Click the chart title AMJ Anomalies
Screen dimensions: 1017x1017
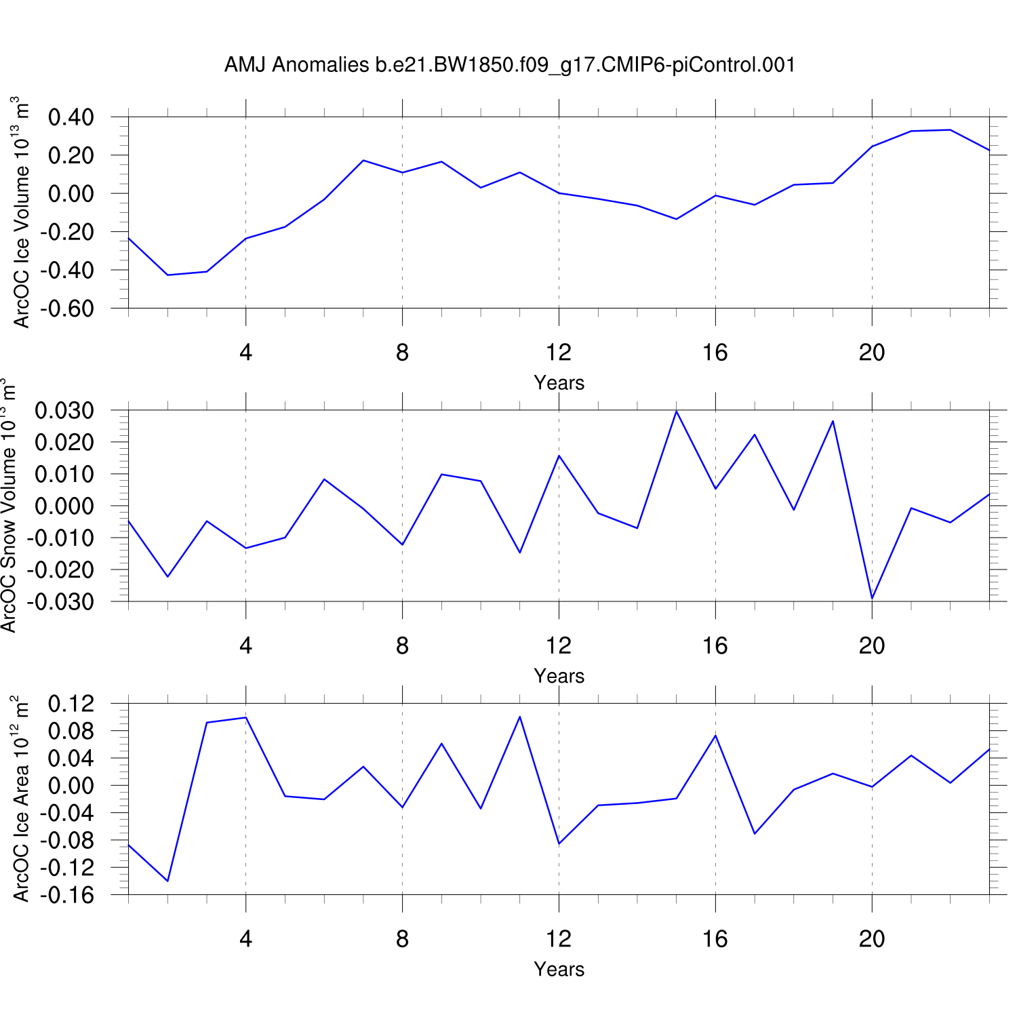pos(509,65)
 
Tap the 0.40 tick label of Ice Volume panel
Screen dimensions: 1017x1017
pos(71,117)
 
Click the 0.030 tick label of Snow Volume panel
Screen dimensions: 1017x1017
pos(64,410)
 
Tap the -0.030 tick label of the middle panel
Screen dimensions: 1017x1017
pos(64,601)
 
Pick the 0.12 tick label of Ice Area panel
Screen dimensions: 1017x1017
pos(71,704)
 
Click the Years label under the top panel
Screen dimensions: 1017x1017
pos(559,383)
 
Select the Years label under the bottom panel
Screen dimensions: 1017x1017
pos(559,970)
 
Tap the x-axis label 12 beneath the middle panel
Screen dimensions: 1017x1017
pos(559,646)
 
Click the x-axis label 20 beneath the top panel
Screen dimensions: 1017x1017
pos(872,353)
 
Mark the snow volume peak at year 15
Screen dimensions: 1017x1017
pos(677,411)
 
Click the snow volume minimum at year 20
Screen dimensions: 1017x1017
pos(872,599)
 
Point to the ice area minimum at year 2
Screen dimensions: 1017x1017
pos(167,881)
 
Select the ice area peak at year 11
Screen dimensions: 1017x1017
pos(520,717)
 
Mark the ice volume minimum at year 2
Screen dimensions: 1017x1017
pos(167,275)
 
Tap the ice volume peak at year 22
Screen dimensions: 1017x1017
pos(950,129)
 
